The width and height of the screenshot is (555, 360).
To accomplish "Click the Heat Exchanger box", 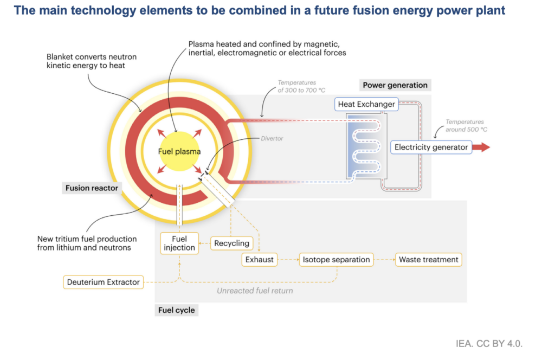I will (366, 104).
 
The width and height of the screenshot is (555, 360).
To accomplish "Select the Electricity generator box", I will (431, 147).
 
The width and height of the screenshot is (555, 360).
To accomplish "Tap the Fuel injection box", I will (179, 243).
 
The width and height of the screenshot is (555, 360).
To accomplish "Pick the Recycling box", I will (231, 243).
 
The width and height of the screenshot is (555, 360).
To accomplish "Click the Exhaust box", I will (260, 260).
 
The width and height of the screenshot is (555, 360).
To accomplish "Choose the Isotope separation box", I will (336, 260).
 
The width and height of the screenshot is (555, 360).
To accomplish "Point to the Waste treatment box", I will (428, 260).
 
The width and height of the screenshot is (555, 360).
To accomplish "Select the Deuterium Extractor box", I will (104, 282).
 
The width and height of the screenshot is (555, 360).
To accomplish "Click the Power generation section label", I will (395, 85).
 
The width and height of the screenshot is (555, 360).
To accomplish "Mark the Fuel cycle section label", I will (176, 311).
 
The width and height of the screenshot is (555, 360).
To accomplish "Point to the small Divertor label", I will (272, 138).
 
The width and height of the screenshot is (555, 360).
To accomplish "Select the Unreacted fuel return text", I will (255, 291).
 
